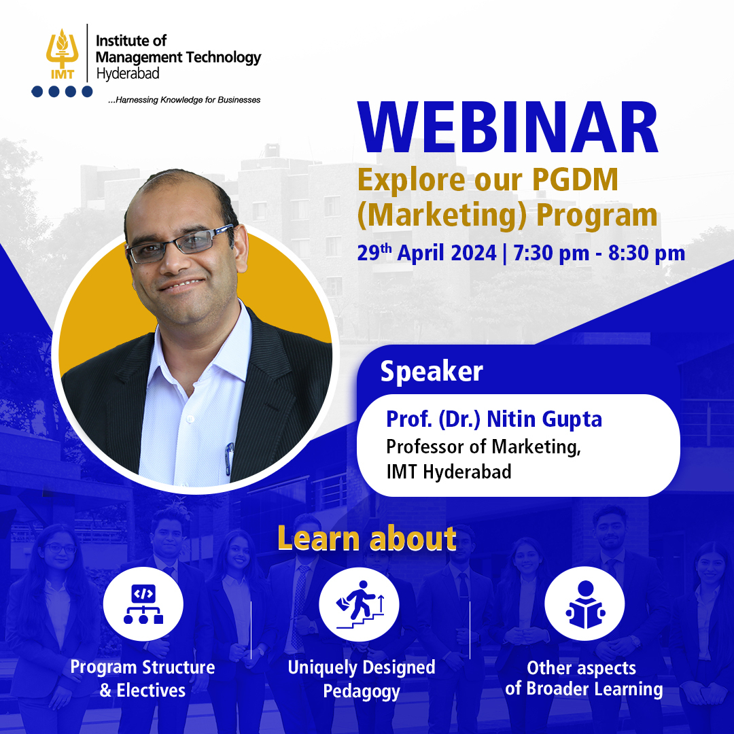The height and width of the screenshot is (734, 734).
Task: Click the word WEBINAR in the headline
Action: [508, 130]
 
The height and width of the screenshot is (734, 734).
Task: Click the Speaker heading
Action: [431, 371]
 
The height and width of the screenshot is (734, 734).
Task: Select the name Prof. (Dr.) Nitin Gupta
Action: [494, 419]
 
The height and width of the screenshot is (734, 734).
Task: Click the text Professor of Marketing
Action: [483, 447]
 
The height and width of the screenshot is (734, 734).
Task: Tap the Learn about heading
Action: [366, 538]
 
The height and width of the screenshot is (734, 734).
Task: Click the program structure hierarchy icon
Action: [143, 604]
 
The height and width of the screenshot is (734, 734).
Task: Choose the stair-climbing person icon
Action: [359, 604]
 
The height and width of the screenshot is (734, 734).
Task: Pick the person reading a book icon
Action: [584, 604]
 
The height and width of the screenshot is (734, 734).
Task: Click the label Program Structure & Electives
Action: [143, 678]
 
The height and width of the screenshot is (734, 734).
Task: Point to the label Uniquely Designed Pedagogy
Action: [361, 679]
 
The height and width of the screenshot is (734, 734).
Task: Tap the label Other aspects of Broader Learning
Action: [583, 678]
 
